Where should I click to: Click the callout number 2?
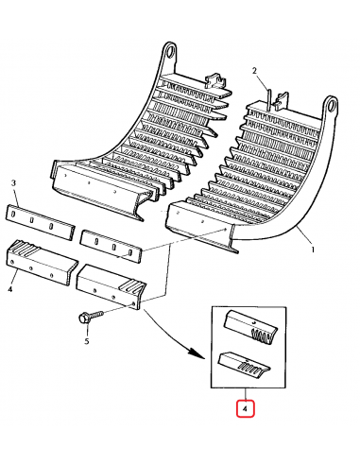tap(254, 71)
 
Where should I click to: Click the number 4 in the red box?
tap(244, 410)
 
